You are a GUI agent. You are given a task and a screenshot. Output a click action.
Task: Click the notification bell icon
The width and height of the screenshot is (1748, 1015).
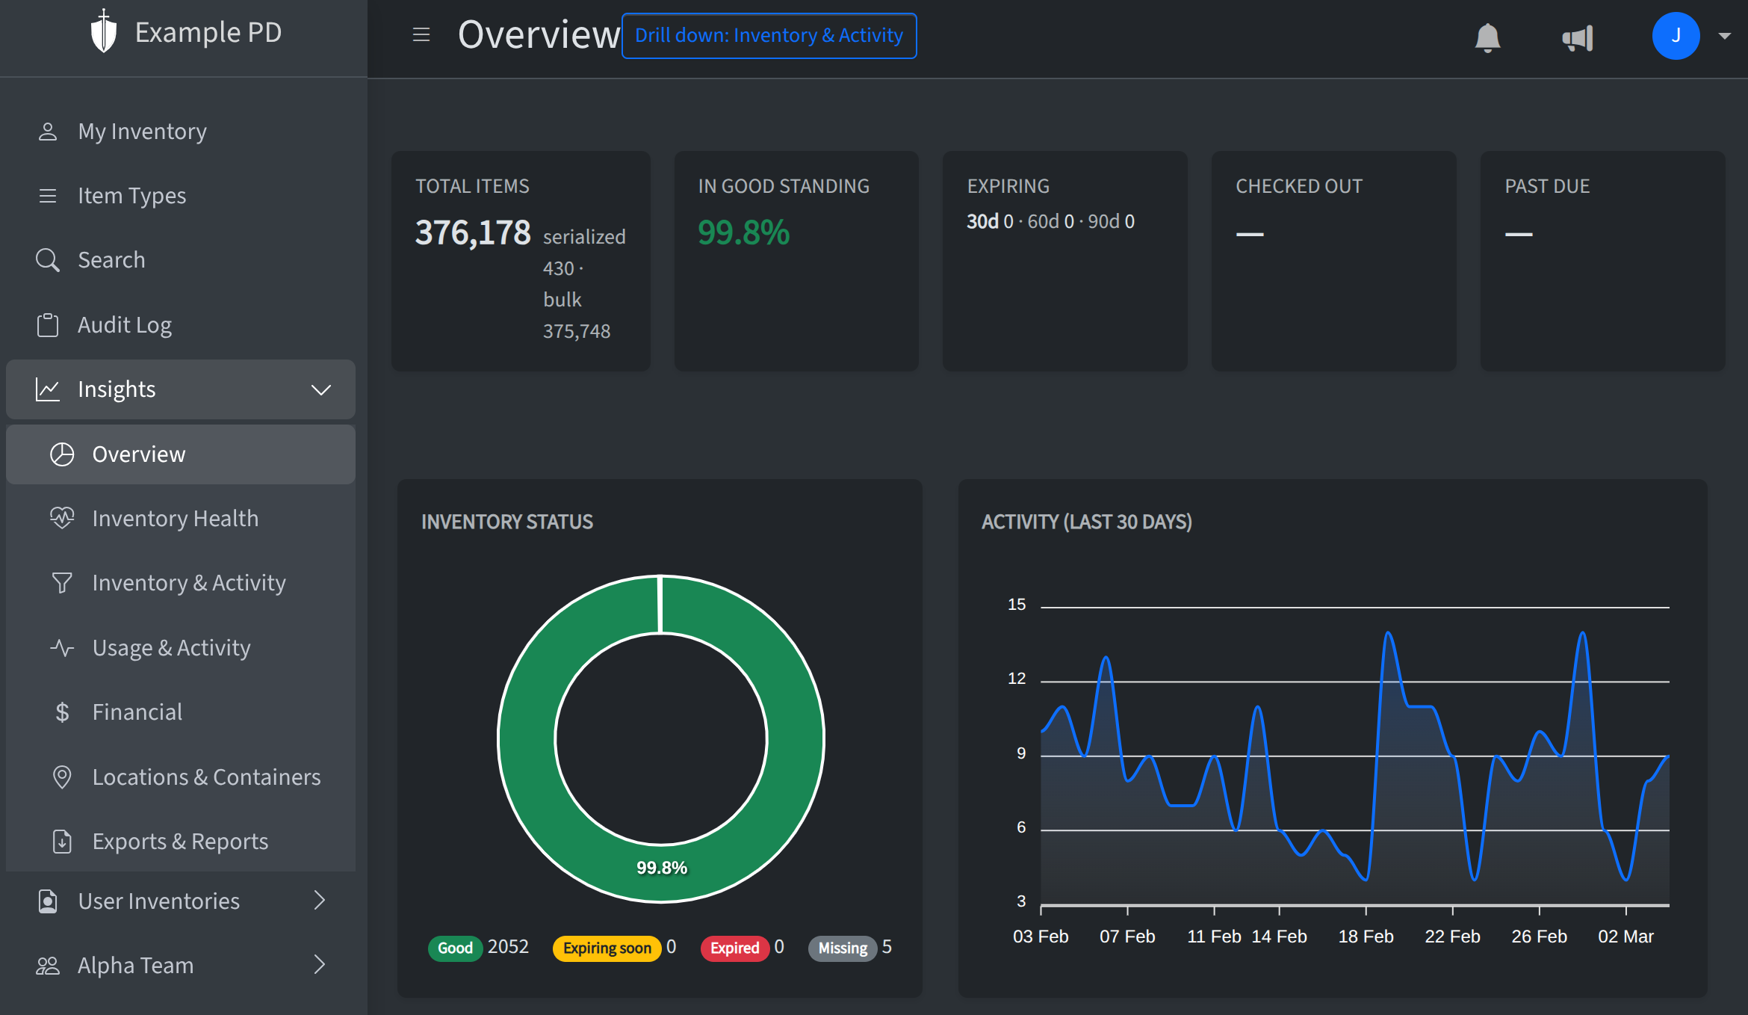(1487, 37)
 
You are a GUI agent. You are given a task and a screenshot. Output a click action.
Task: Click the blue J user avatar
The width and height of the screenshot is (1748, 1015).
(1676, 36)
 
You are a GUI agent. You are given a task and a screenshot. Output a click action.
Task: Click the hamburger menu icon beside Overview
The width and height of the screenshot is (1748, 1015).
(421, 34)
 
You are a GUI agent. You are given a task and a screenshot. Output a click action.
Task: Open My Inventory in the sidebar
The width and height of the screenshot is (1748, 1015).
(142, 132)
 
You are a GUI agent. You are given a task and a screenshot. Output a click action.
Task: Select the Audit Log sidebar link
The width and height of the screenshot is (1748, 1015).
(125, 325)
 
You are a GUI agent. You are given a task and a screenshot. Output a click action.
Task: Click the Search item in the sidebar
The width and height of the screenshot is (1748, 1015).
(111, 260)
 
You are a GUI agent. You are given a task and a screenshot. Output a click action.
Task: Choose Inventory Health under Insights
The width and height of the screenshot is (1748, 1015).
(175, 519)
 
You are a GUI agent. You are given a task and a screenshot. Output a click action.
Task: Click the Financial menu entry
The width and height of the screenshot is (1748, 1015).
(137, 712)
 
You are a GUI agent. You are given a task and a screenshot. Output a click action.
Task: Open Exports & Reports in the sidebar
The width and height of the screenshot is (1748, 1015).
(179, 842)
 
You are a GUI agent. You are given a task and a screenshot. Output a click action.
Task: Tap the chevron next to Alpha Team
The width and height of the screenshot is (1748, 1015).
(320, 965)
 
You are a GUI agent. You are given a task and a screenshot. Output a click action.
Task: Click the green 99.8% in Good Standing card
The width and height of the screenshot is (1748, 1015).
(743, 232)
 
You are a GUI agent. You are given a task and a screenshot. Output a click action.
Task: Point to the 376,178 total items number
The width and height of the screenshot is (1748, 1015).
(473, 232)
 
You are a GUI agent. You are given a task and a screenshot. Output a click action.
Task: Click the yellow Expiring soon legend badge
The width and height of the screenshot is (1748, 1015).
(607, 948)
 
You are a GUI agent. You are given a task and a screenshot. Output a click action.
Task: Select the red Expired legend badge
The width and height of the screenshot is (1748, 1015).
(734, 948)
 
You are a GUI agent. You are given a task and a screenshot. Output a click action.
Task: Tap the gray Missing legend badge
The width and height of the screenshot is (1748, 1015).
(843, 948)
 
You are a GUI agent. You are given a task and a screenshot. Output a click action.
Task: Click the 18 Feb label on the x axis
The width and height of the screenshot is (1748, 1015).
(1366, 937)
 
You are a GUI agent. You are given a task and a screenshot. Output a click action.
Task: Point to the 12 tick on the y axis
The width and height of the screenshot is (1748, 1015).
(1017, 679)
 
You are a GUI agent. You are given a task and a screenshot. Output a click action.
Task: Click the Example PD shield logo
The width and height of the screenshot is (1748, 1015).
(104, 32)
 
